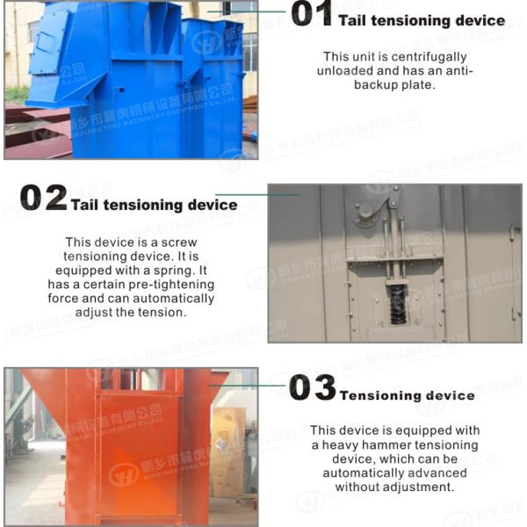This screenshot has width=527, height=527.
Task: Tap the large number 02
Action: [x=43, y=199]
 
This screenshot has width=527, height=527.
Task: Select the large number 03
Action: [x=312, y=388]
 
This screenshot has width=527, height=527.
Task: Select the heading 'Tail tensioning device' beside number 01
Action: [x=422, y=20]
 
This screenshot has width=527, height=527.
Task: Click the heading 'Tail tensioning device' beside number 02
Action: [x=154, y=206]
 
